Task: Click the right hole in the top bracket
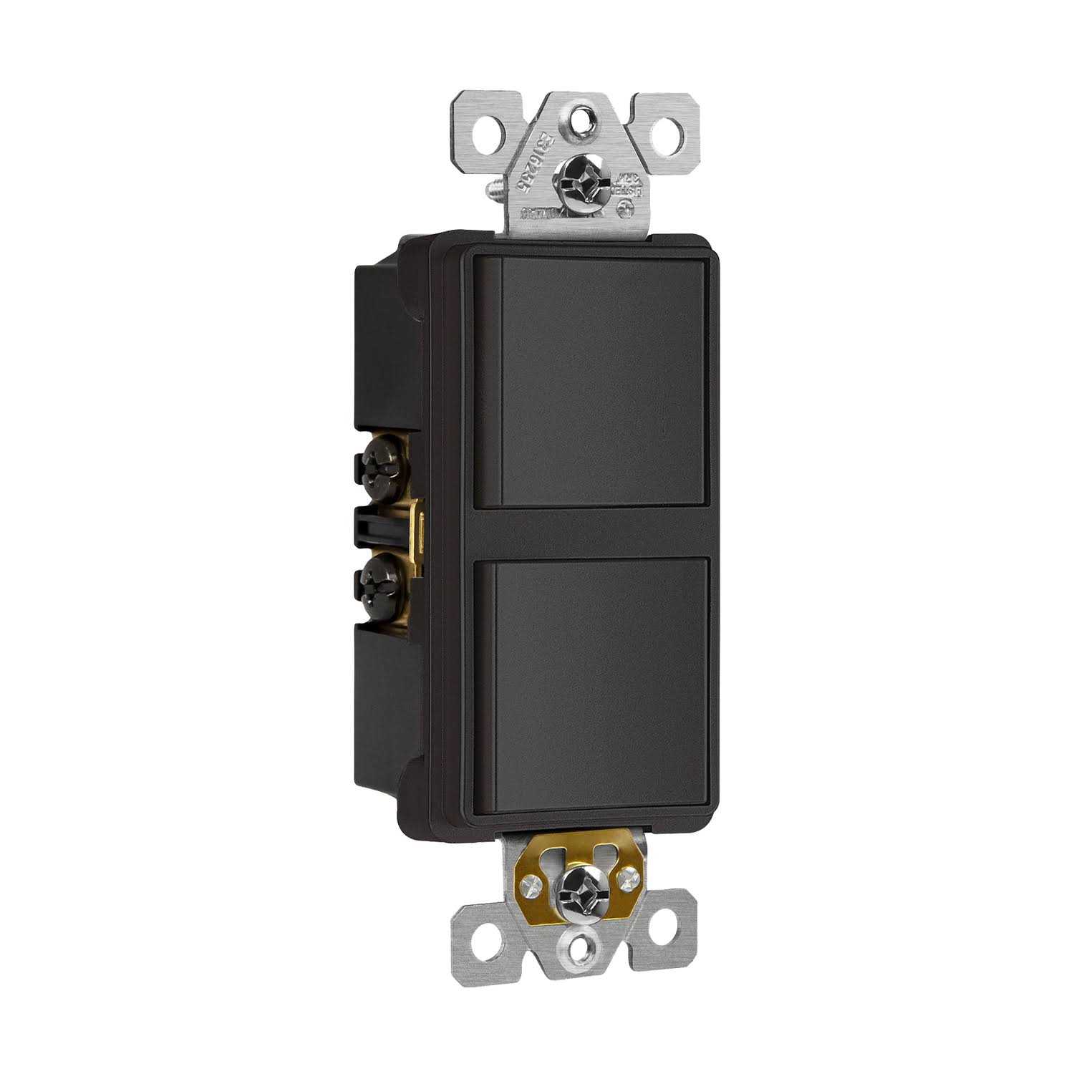pyautogui.click(x=654, y=131)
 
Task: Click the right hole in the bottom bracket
pyautogui.click(x=661, y=931)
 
